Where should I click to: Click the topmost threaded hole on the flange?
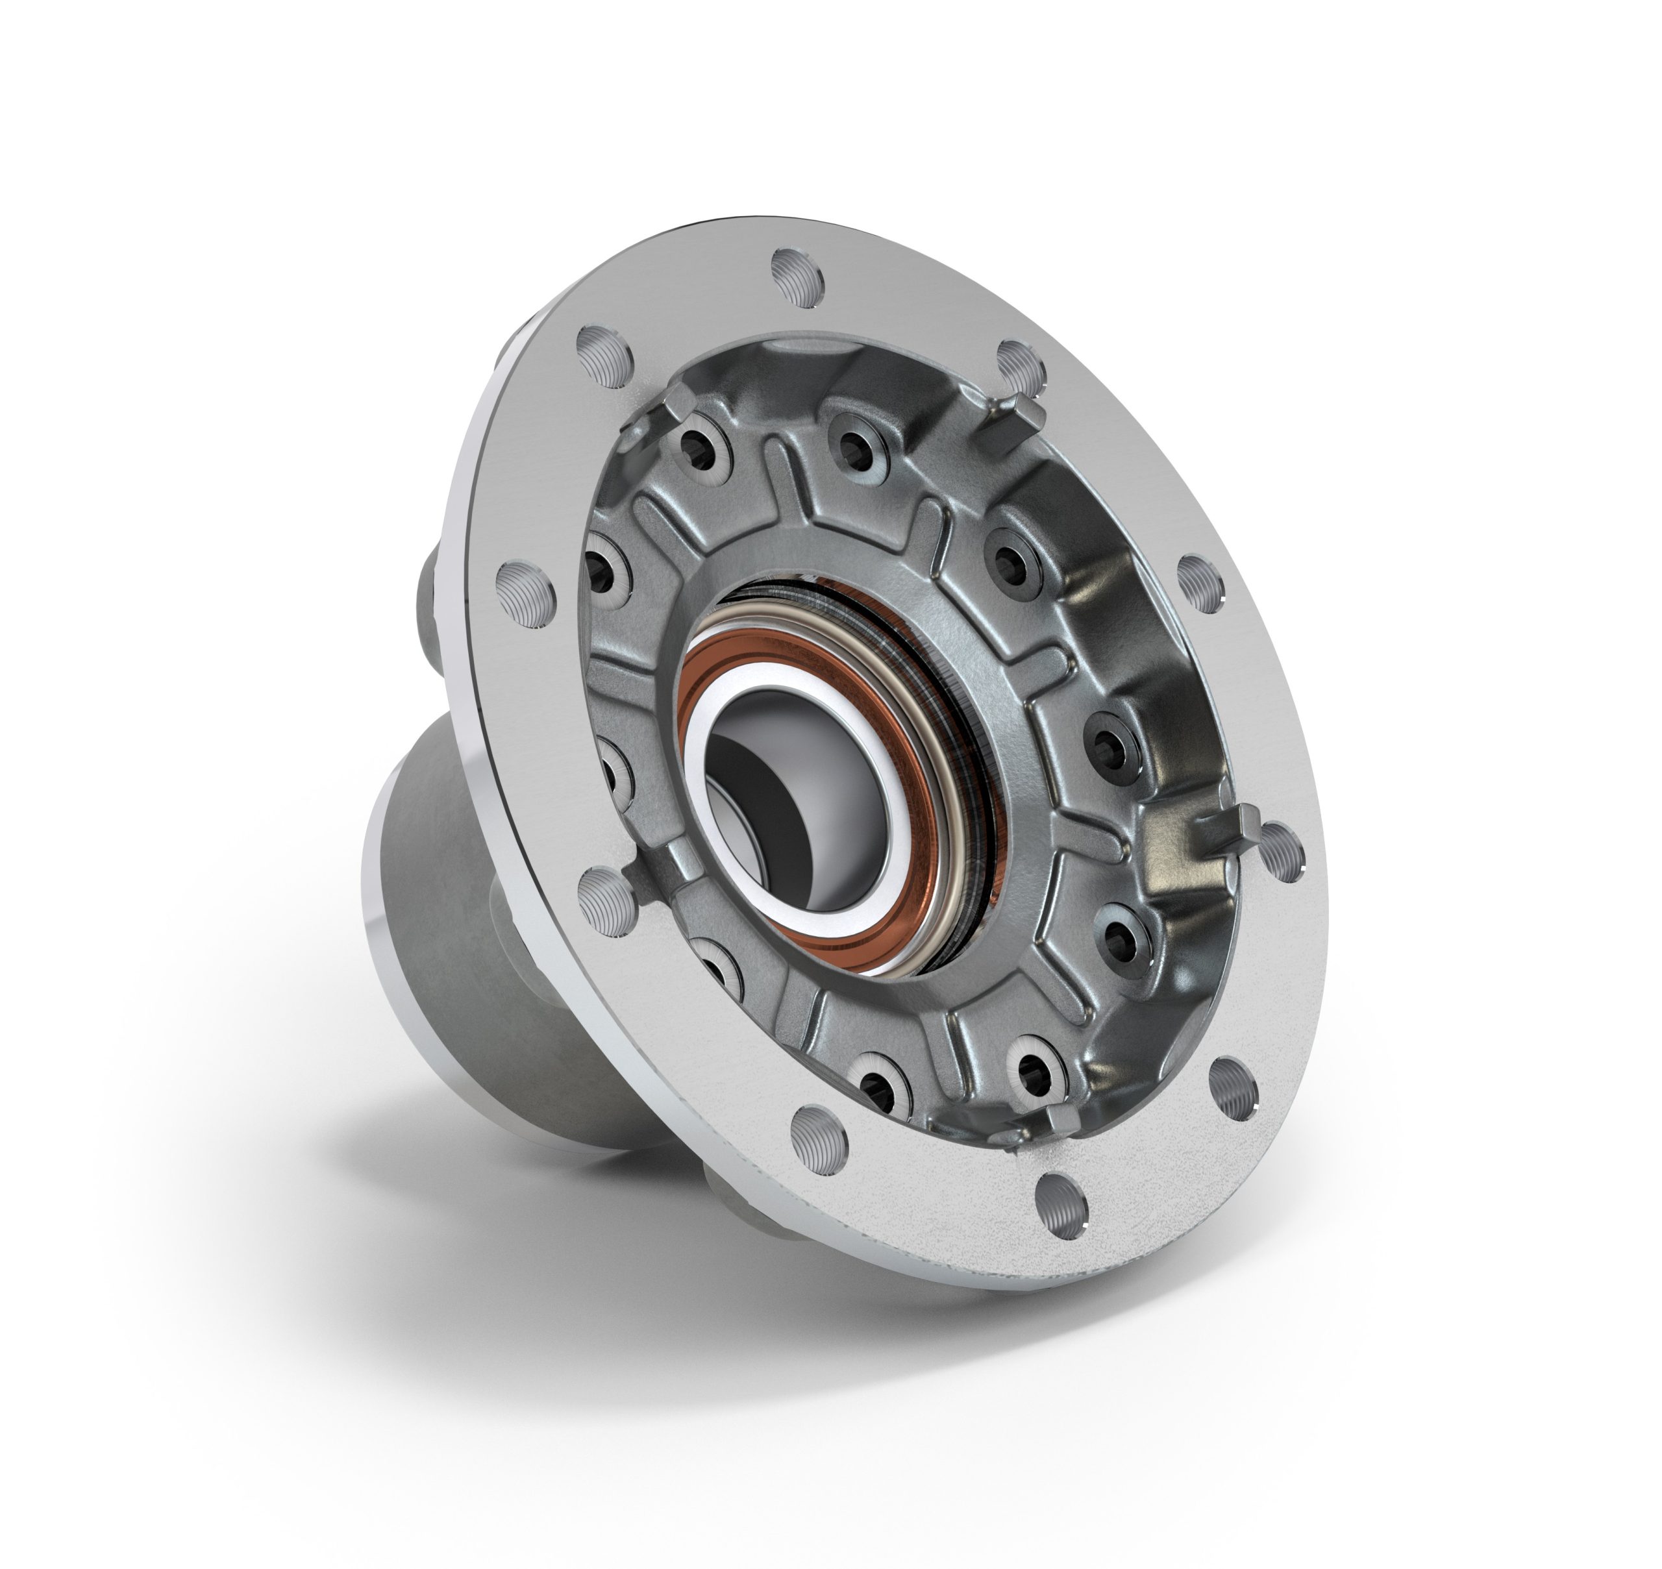(x=797, y=277)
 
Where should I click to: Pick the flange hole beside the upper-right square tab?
(x=1021, y=365)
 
